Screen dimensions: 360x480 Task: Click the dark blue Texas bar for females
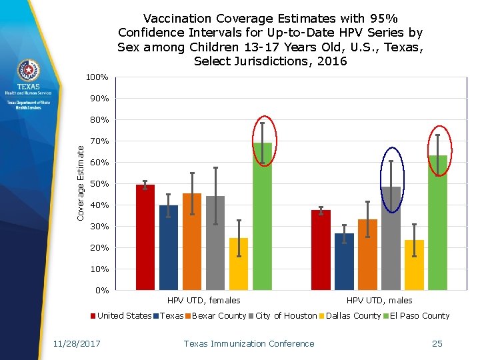(168, 247)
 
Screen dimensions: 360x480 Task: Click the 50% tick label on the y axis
(99, 184)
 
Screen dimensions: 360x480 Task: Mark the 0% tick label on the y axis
(101, 291)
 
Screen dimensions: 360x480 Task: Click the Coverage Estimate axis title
(81, 185)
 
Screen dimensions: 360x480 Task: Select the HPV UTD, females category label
(203, 301)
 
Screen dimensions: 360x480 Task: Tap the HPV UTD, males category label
(379, 301)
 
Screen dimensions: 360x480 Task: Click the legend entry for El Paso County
(419, 316)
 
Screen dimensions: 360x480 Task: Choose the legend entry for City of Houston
(286, 316)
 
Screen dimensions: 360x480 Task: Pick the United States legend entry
(124, 316)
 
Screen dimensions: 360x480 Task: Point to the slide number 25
(437, 344)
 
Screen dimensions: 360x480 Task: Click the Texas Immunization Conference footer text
(249, 344)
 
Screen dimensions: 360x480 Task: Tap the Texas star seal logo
(29, 70)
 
